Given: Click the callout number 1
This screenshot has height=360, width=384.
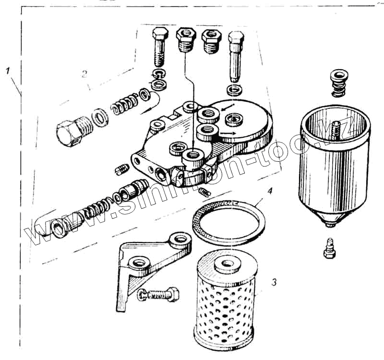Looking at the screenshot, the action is pyautogui.click(x=8, y=70).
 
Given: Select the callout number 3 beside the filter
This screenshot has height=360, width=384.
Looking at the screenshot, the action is pyautogui.click(x=274, y=282).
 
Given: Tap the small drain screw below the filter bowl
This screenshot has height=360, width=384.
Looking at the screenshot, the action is pyautogui.click(x=329, y=247).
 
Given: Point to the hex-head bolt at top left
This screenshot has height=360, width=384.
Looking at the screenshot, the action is pyautogui.click(x=160, y=48).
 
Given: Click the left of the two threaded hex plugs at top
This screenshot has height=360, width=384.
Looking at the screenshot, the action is pyautogui.click(x=185, y=41).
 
